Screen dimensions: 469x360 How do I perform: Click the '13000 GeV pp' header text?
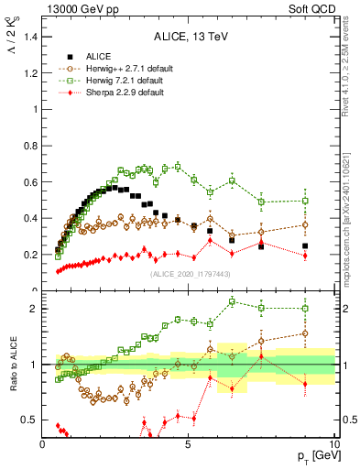[76, 10]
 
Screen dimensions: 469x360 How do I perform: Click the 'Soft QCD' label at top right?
[314, 10]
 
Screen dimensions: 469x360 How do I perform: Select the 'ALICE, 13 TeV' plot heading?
[189, 37]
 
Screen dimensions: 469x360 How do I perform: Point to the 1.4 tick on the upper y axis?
[29, 36]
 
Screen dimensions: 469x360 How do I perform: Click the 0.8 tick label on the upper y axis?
[29, 145]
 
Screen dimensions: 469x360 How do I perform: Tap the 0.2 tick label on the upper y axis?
[29, 255]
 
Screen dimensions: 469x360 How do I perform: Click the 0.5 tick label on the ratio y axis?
[29, 420]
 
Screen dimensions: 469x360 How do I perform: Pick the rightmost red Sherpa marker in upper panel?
[305, 256]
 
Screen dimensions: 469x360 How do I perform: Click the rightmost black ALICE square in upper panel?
[305, 245]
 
